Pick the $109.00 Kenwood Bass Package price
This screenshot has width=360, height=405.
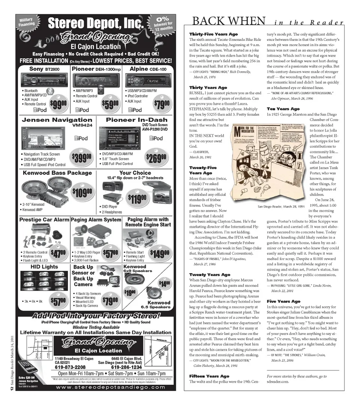pos(82,193)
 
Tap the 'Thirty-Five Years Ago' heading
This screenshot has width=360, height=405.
pos(213,34)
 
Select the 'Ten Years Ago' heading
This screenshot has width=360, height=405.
pos(283,109)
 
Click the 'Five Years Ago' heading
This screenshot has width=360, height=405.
pos(283,301)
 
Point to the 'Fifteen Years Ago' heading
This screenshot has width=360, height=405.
pos(210,376)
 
